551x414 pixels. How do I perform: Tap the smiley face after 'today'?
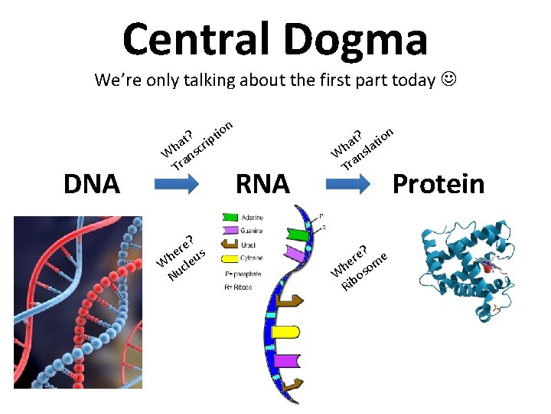coord(448,80)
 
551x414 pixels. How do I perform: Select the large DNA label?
coord(92,184)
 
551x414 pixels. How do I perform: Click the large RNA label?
coord(262,184)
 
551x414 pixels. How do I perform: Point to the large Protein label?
coord(438,184)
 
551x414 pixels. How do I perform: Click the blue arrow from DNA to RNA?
coord(177,185)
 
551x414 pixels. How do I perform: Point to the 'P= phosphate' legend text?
coord(243,274)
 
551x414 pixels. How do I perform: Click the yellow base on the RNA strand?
coord(285,332)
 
